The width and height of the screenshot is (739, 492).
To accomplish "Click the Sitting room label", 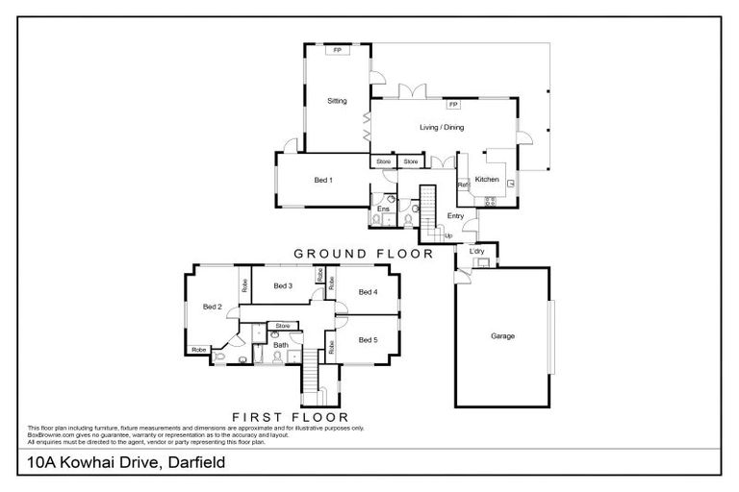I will tap(337, 101).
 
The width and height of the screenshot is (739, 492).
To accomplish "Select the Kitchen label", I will tap(487, 180).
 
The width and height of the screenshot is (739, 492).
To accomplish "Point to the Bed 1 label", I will tap(323, 180).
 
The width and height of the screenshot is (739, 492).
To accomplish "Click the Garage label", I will tap(502, 336).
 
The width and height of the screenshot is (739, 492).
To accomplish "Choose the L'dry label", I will tap(476, 252).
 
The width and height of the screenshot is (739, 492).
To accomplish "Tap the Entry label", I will tap(455, 215).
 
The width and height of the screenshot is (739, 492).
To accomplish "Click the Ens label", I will tap(382, 208).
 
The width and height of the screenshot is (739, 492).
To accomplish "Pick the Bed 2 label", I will tap(213, 307).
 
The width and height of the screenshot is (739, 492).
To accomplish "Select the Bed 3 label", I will tap(283, 285).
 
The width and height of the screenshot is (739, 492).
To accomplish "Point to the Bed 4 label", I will tap(368, 291).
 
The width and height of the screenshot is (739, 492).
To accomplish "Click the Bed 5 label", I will tap(368, 339).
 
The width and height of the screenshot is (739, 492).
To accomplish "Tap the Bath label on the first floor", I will tap(281, 344).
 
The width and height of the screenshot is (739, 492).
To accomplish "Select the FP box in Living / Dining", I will tap(452, 103).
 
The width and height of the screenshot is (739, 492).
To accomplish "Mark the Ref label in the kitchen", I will tap(462, 184).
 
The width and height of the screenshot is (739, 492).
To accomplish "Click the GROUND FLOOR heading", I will tap(363, 254).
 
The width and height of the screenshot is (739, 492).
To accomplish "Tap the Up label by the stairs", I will tap(447, 234).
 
